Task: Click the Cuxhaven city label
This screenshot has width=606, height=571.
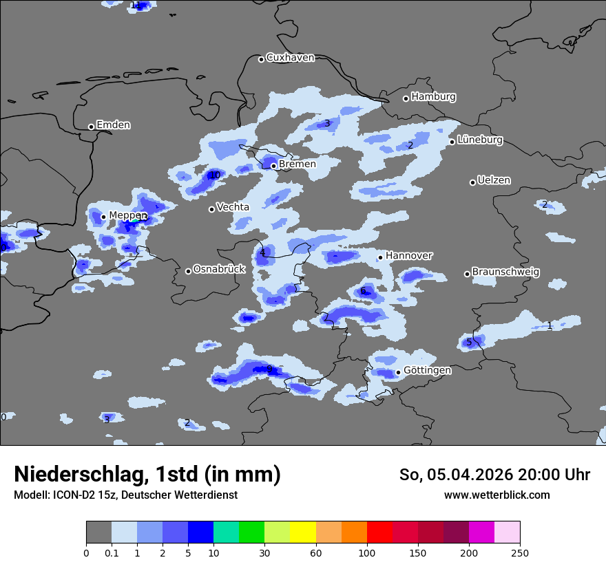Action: pyautogui.click(x=290, y=58)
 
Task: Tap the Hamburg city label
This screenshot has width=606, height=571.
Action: pyautogui.click(x=433, y=97)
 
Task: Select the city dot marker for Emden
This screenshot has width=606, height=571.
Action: pyautogui.click(x=91, y=127)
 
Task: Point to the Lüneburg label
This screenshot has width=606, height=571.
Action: pyautogui.click(x=480, y=140)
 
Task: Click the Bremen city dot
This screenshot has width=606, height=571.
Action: pyautogui.click(x=273, y=166)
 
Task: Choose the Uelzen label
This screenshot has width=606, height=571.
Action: pyautogui.click(x=494, y=180)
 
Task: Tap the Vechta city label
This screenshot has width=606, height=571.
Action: pyautogui.click(x=233, y=207)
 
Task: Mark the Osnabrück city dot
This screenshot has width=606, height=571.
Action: pyautogui.click(x=188, y=271)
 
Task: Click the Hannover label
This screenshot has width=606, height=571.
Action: pyautogui.click(x=408, y=256)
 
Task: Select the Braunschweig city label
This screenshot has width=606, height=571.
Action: pyautogui.click(x=505, y=272)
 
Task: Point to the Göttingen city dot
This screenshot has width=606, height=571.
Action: pyautogui.click(x=398, y=373)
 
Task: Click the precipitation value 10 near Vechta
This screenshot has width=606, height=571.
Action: pyautogui.click(x=215, y=175)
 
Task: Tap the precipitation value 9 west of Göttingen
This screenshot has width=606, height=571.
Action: pyautogui.click(x=269, y=369)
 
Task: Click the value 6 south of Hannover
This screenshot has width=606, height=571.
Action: pyautogui.click(x=363, y=291)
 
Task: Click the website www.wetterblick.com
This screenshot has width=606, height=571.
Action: pyautogui.click(x=497, y=495)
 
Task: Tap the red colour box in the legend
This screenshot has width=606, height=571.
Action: pyautogui.click(x=379, y=532)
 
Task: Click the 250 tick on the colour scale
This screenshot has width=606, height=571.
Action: pyautogui.click(x=520, y=552)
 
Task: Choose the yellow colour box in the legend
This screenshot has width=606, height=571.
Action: pyautogui.click(x=303, y=532)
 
